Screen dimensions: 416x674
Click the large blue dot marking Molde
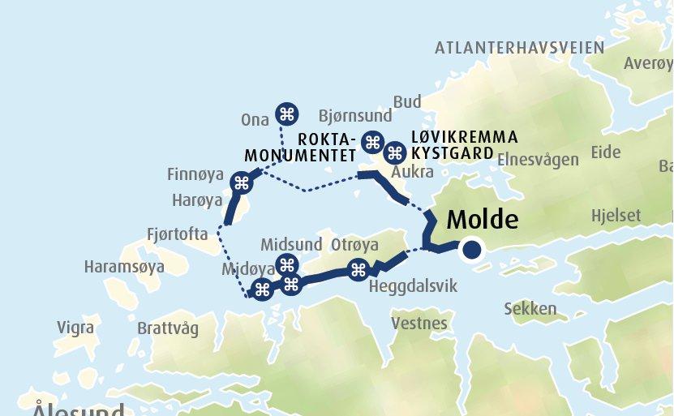coord(471,251)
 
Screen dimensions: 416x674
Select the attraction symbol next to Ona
coord(286,114)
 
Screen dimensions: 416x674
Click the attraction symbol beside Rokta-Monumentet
coord(372,142)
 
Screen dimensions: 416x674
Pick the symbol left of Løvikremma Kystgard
coord(395,152)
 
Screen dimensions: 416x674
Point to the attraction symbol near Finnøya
coord(241,183)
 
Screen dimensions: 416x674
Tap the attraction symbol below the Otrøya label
coord(358,270)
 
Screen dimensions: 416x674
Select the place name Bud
coord(407,101)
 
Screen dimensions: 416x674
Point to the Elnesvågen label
coord(538,159)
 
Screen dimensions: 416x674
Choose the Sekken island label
coord(530,309)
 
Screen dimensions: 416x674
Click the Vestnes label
coord(419,324)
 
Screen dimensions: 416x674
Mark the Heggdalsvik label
coord(413,287)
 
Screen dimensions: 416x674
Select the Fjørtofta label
coord(178,234)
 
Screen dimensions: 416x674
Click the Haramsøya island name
coord(124,266)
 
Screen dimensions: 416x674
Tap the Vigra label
coord(75,328)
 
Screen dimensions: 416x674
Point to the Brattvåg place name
coord(168,328)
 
